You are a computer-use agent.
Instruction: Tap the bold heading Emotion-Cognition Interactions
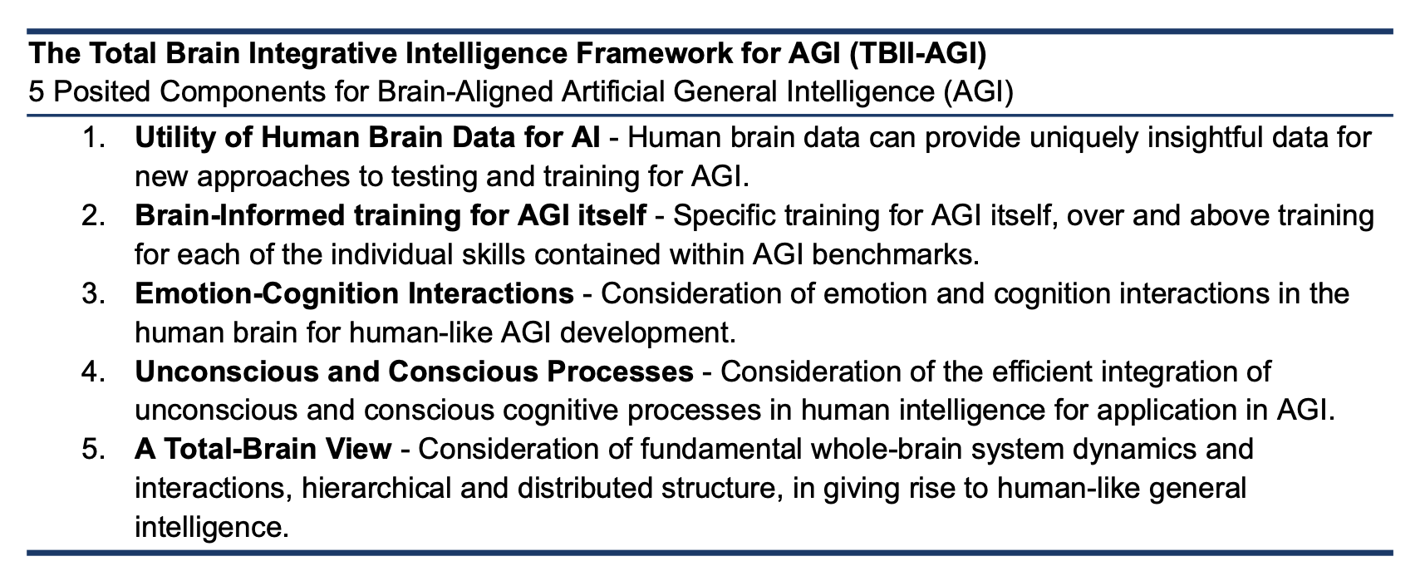click(x=354, y=293)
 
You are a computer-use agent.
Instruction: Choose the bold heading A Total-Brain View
click(x=263, y=449)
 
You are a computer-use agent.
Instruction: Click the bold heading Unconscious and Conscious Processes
click(x=414, y=372)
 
